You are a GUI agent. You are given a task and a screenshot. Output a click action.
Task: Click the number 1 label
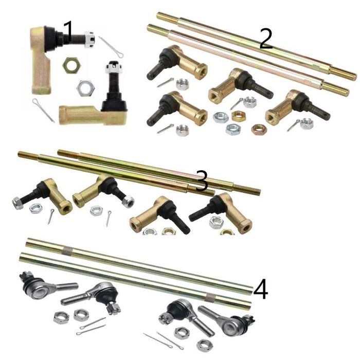click(x=68, y=31)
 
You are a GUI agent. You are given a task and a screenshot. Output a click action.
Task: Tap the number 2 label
click(x=266, y=39)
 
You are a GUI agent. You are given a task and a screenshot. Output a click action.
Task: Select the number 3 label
click(x=202, y=181)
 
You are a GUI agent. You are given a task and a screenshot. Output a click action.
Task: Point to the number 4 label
click(x=261, y=289)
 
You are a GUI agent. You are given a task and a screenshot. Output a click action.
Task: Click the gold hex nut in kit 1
click(x=72, y=65)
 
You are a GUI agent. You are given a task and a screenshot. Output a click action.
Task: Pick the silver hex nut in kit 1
click(x=86, y=88)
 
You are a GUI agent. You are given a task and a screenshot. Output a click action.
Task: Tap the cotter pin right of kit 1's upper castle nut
click(x=111, y=47)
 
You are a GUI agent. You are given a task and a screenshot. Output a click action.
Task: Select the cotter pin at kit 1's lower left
click(x=43, y=110)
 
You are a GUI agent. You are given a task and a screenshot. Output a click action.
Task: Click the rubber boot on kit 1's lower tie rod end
click(x=114, y=102)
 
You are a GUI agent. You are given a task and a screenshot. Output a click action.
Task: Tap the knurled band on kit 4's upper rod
click(x=67, y=250)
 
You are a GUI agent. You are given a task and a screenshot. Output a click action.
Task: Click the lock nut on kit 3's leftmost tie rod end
click(x=17, y=203)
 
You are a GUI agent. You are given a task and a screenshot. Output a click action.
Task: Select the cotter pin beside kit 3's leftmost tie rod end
click(x=50, y=217)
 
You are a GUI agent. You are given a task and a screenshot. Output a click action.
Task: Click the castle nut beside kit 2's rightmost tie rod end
click(x=307, y=123)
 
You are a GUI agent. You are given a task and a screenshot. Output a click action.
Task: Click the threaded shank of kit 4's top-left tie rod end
click(x=66, y=286)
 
